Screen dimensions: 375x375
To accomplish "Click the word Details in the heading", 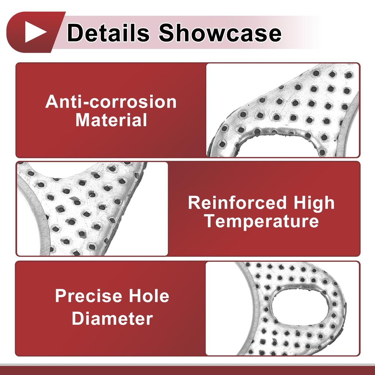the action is pos(108,33).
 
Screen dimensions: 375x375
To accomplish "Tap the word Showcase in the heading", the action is pos(220,33).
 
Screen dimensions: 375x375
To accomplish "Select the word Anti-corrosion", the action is pos(111,102).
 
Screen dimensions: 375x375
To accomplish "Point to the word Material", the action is pos(111,120).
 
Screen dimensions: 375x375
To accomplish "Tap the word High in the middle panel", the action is pos(314,204).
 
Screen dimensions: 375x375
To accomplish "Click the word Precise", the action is pos(89,296).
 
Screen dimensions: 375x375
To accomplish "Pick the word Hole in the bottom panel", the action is pos(149,296).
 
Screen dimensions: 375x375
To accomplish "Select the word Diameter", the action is pos(112,319).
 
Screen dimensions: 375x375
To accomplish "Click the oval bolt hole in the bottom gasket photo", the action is pos(300,307).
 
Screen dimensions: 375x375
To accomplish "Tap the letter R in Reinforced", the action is pos(194,203).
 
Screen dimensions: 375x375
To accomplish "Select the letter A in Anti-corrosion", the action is pos(52,102).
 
